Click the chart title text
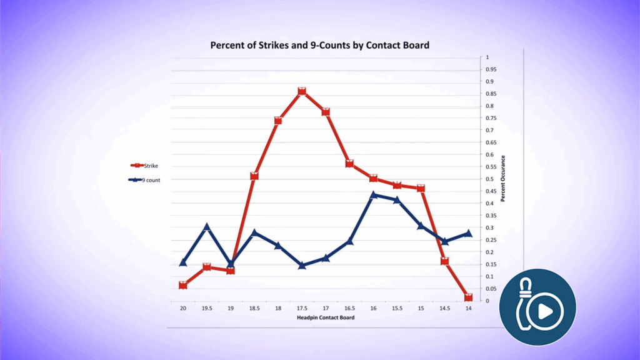pyautogui.click(x=319, y=45)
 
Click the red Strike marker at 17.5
pyautogui.click(x=302, y=91)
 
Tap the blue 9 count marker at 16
pyautogui.click(x=373, y=195)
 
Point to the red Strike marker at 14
pyautogui.click(x=468, y=297)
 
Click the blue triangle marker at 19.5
pyautogui.click(x=207, y=227)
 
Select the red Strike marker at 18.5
pyautogui.click(x=254, y=176)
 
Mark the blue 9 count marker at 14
pyautogui.click(x=468, y=233)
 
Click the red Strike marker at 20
pyautogui.click(x=183, y=285)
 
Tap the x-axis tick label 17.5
pyautogui.click(x=302, y=308)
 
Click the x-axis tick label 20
pyautogui.click(x=183, y=308)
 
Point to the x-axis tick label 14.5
pyautogui.click(x=444, y=308)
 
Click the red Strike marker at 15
pyautogui.click(x=421, y=188)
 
